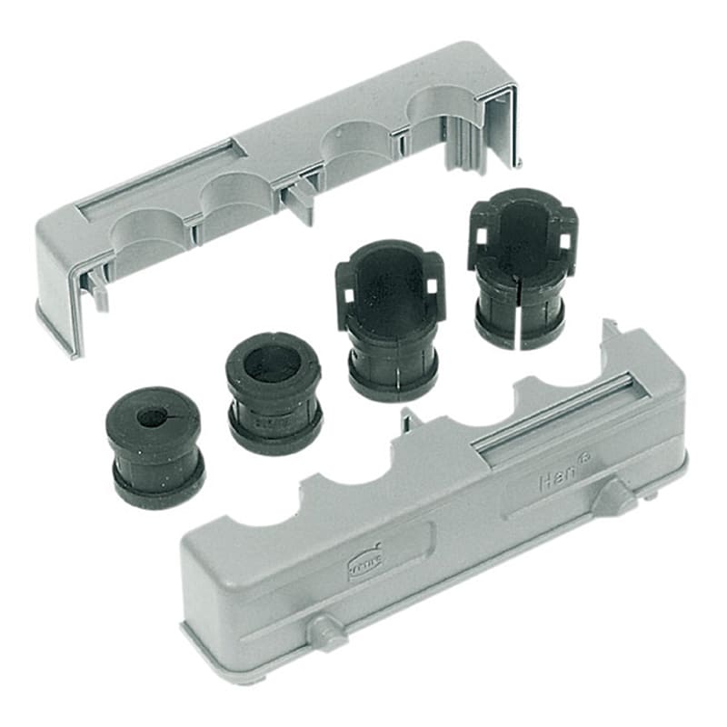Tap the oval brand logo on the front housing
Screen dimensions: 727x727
tap(365, 564)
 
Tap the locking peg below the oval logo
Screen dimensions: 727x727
tap(325, 629)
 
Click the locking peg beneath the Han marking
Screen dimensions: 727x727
tap(619, 496)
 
